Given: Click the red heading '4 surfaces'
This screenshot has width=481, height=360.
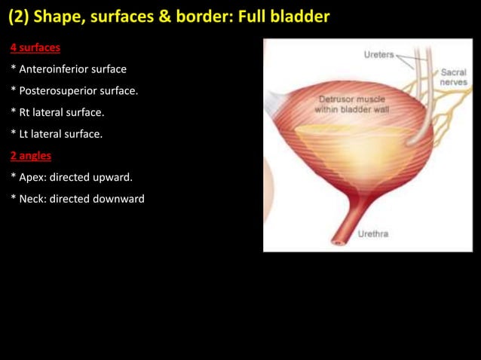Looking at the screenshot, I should pos(35,48).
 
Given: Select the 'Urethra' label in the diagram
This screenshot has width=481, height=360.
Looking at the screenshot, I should pos(373,233).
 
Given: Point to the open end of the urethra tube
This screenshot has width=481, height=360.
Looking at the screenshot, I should pos(338,242).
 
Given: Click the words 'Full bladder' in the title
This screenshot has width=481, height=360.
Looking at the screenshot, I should pos(287,17).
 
